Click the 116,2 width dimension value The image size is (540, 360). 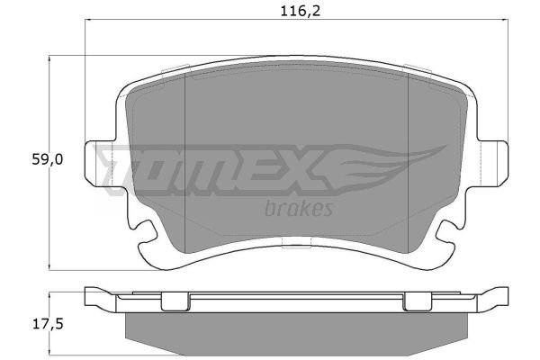pyautogui.click(x=301, y=11)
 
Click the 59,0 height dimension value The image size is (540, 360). pyautogui.click(x=48, y=159)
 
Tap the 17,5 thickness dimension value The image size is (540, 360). pyautogui.click(x=48, y=324)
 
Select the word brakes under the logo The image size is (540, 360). pyautogui.click(x=299, y=209)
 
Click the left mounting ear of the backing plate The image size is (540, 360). pyautogui.click(x=100, y=164)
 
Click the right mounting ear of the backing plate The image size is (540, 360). pyautogui.click(x=493, y=164)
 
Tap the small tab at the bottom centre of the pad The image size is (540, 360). pyautogui.click(x=296, y=242)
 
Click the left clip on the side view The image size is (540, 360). pyautogui.click(x=175, y=301)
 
